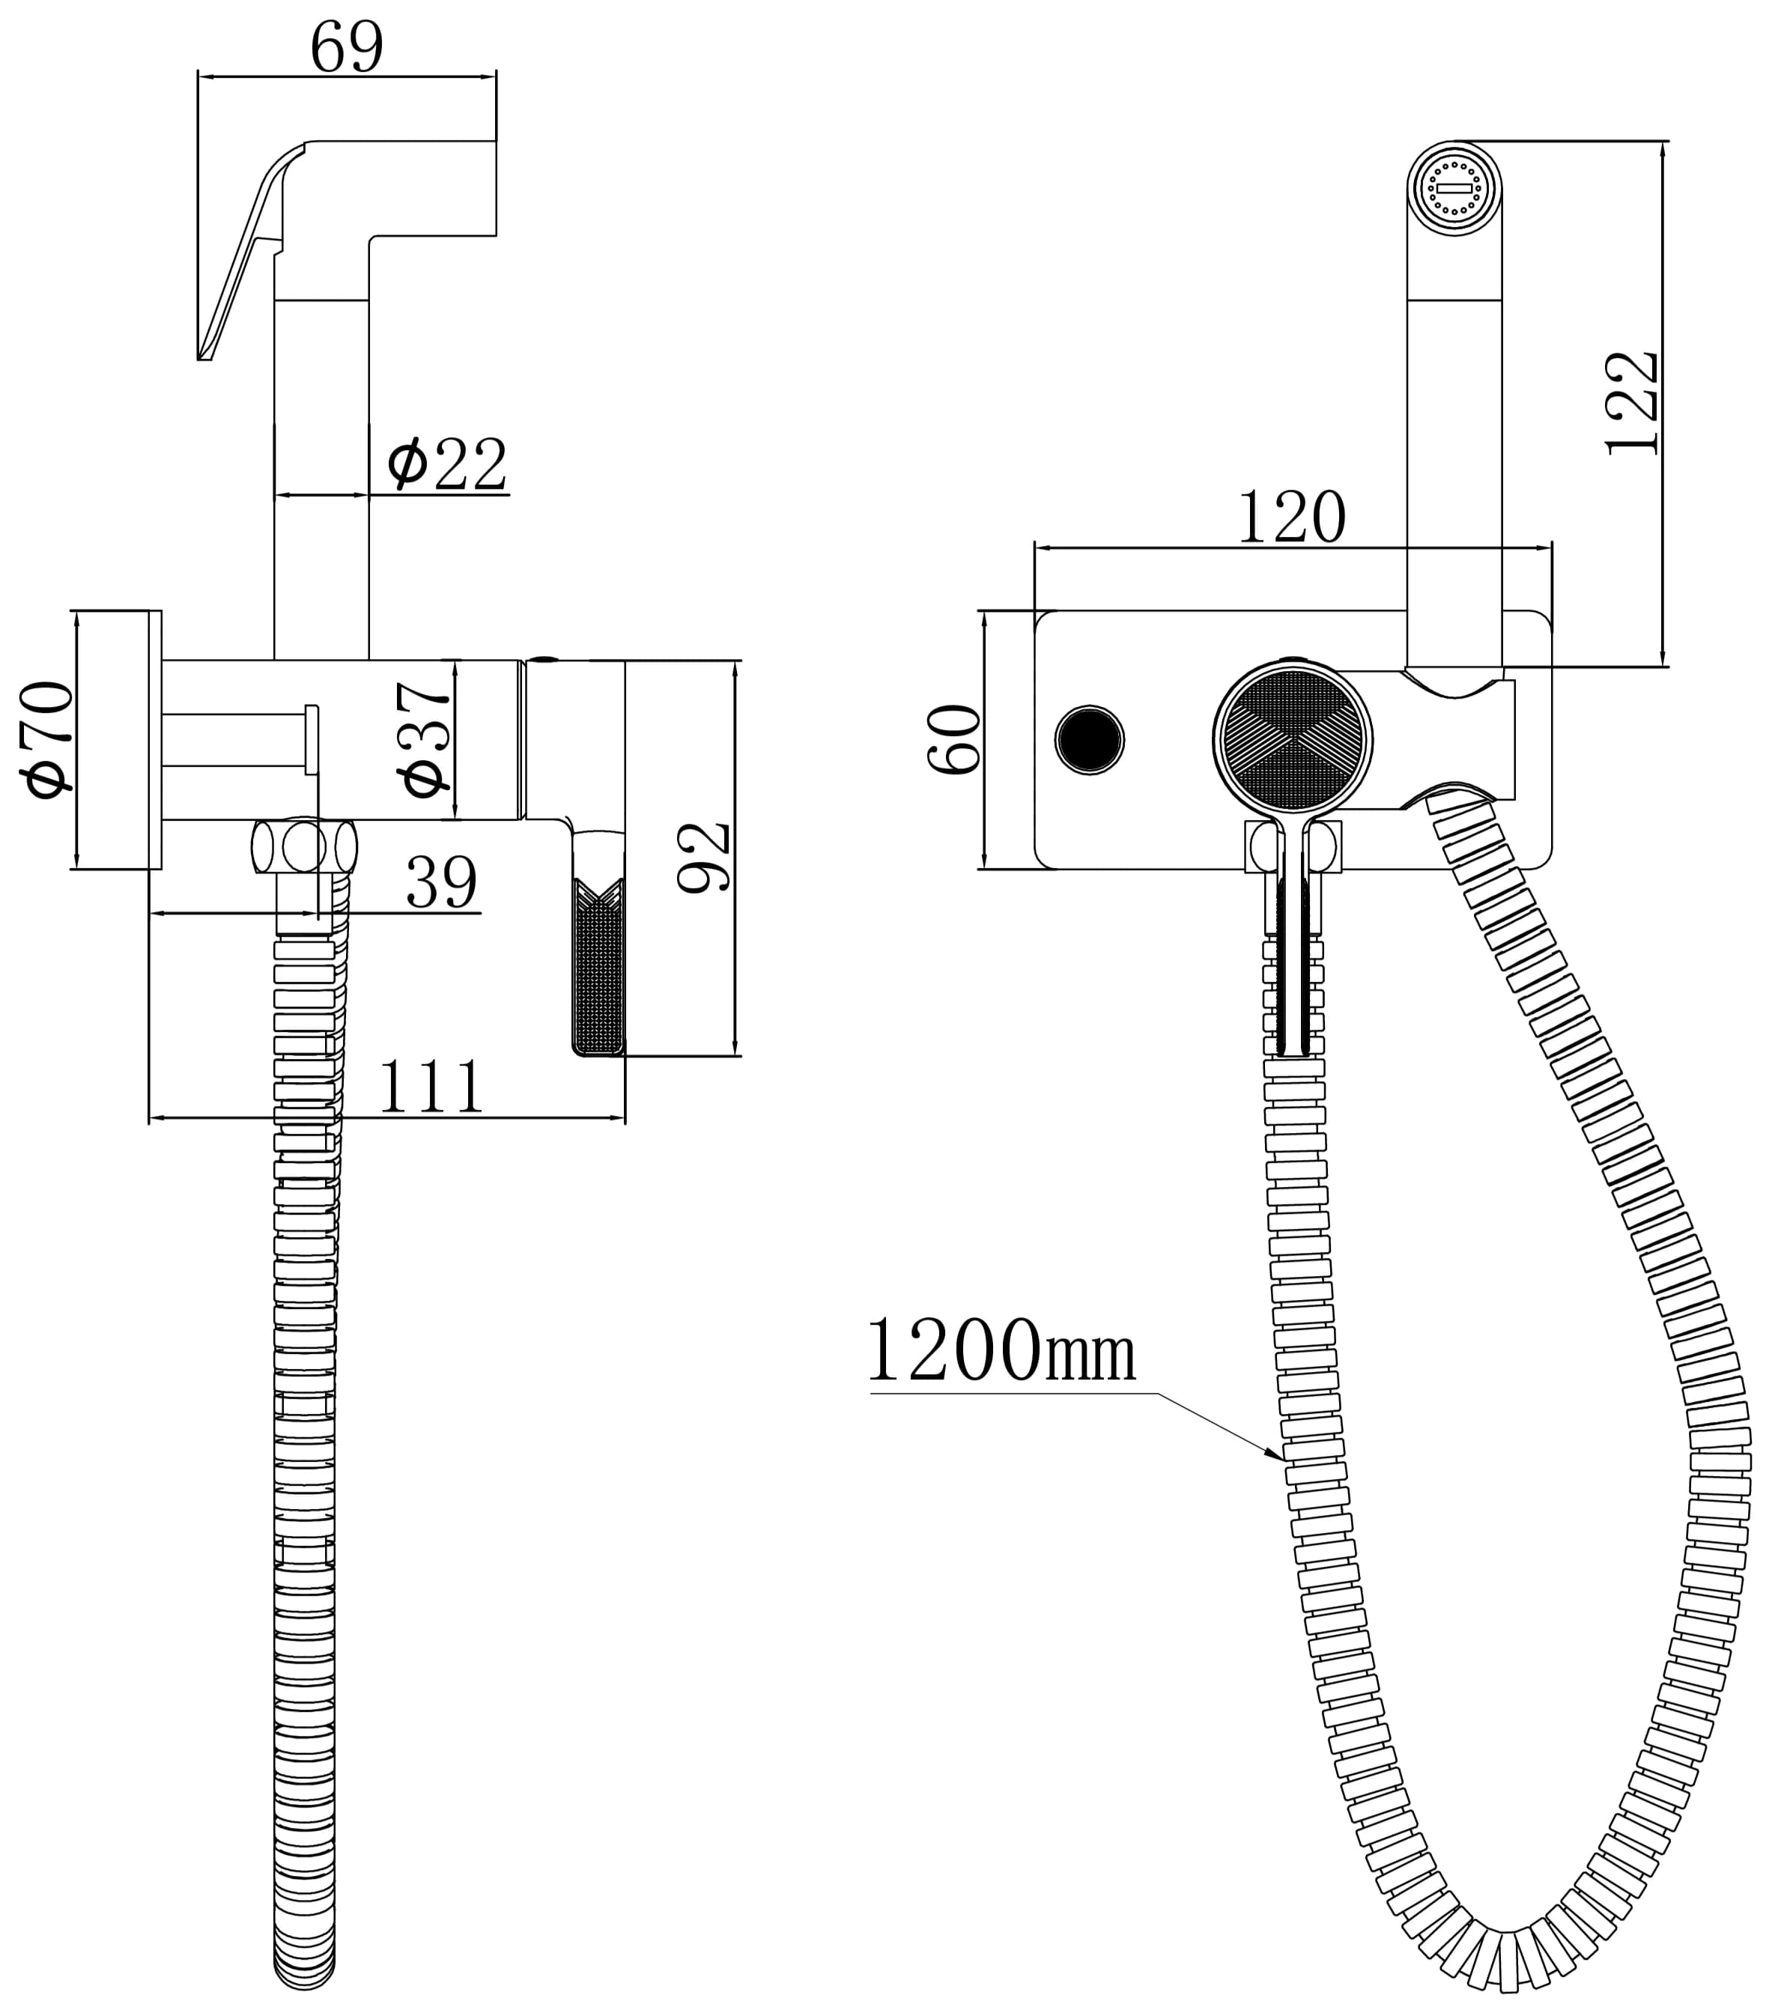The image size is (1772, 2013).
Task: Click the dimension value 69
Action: [x=346, y=47]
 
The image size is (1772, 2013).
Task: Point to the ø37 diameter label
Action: [x=426, y=738]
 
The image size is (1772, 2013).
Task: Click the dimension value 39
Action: [x=441, y=882]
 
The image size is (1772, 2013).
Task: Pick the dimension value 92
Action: [x=706, y=857]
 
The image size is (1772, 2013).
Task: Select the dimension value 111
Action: [x=431, y=1087]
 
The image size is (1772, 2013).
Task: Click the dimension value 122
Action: [x=1632, y=402]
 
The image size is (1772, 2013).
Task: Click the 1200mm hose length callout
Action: [x=1001, y=1352]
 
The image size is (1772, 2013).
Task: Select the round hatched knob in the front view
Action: [x=1293, y=738]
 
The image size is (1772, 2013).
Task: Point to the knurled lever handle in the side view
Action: [x=598, y=965]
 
